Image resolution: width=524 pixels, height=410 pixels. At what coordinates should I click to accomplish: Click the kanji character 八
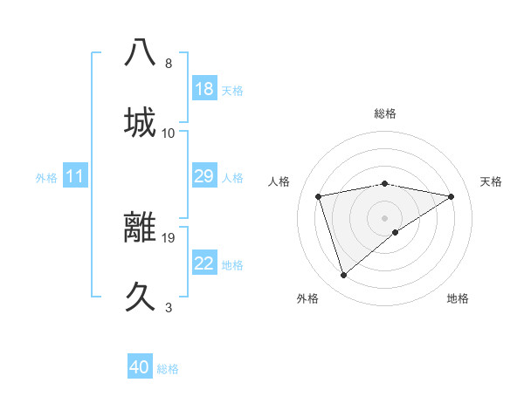coord(141,52)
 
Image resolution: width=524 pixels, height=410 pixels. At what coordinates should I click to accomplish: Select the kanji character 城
coord(141,121)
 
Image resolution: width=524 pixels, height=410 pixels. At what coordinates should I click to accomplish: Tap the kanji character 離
coord(141,226)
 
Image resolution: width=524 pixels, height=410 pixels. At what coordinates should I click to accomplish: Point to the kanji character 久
coord(141,296)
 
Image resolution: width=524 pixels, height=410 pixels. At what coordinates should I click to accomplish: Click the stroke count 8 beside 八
coord(169,64)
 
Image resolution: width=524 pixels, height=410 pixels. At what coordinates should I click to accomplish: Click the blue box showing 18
coord(204,89)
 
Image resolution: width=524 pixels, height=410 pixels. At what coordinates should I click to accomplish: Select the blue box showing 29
coord(204,176)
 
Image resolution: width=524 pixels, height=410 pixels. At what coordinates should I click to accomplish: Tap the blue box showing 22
coord(204,263)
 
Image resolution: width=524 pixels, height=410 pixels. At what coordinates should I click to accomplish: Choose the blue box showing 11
coord(75,176)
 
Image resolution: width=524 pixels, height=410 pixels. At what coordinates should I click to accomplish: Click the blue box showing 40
coord(140,367)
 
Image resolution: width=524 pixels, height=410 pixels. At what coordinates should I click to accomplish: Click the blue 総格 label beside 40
coord(169,369)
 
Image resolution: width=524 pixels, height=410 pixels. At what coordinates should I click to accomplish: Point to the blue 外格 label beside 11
coord(46,178)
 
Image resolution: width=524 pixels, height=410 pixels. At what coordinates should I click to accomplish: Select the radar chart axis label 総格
coord(385,113)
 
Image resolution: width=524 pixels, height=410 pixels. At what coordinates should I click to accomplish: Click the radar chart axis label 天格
coord(491,181)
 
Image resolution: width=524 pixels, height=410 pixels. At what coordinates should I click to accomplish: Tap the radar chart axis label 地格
coord(458,298)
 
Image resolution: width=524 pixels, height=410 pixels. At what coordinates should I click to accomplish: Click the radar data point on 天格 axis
coord(452,196)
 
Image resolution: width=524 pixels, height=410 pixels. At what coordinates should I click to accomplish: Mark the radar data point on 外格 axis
coord(343,276)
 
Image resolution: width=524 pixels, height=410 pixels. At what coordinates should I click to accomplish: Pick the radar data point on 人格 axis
coord(319,196)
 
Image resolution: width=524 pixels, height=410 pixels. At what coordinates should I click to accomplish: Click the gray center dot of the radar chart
coord(385,217)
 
